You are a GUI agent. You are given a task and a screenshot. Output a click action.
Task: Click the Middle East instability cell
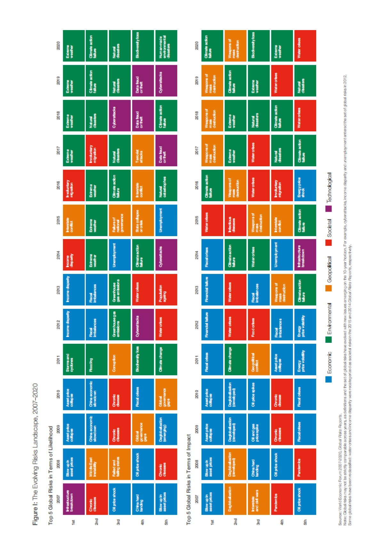coord(96,464)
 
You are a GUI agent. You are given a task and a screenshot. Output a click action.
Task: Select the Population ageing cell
coord(166,290)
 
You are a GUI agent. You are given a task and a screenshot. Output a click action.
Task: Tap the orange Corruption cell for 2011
coord(119,359)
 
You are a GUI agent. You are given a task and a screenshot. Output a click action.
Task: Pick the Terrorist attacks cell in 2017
coord(142,150)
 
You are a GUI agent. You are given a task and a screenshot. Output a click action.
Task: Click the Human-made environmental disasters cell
coord(166,46)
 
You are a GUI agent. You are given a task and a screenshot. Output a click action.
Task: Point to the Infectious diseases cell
coord(235,220)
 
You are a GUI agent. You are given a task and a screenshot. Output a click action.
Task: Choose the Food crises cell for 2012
coord(258,324)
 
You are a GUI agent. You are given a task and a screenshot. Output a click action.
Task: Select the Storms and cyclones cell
coord(74,359)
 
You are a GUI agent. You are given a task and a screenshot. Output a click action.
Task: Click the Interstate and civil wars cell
coord(258,499)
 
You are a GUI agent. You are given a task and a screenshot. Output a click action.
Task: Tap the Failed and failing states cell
coord(119,464)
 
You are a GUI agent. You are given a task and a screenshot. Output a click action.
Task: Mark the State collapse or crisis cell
coord(142,220)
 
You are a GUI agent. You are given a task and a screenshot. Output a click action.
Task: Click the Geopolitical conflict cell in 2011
coord(258,359)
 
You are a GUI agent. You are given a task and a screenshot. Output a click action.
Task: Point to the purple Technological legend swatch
coord(329,209)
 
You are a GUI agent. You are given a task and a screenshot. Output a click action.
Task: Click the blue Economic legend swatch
coord(329,379)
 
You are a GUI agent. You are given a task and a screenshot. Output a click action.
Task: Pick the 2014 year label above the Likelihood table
coord(58,255)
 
